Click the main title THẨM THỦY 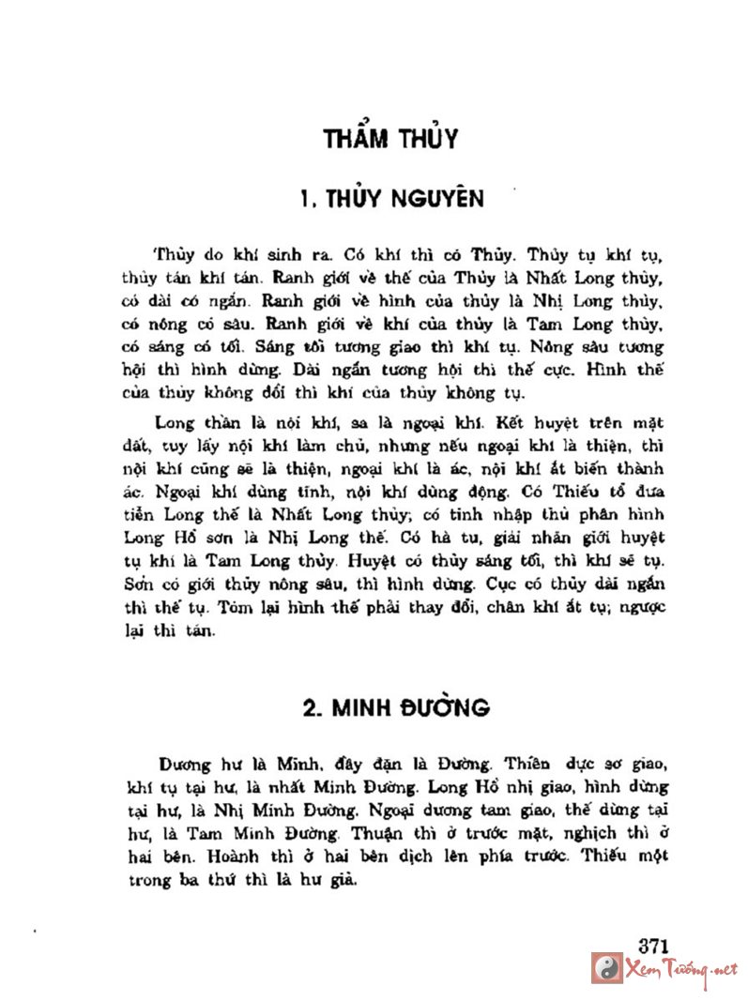389,140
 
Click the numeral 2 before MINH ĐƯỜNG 308,707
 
